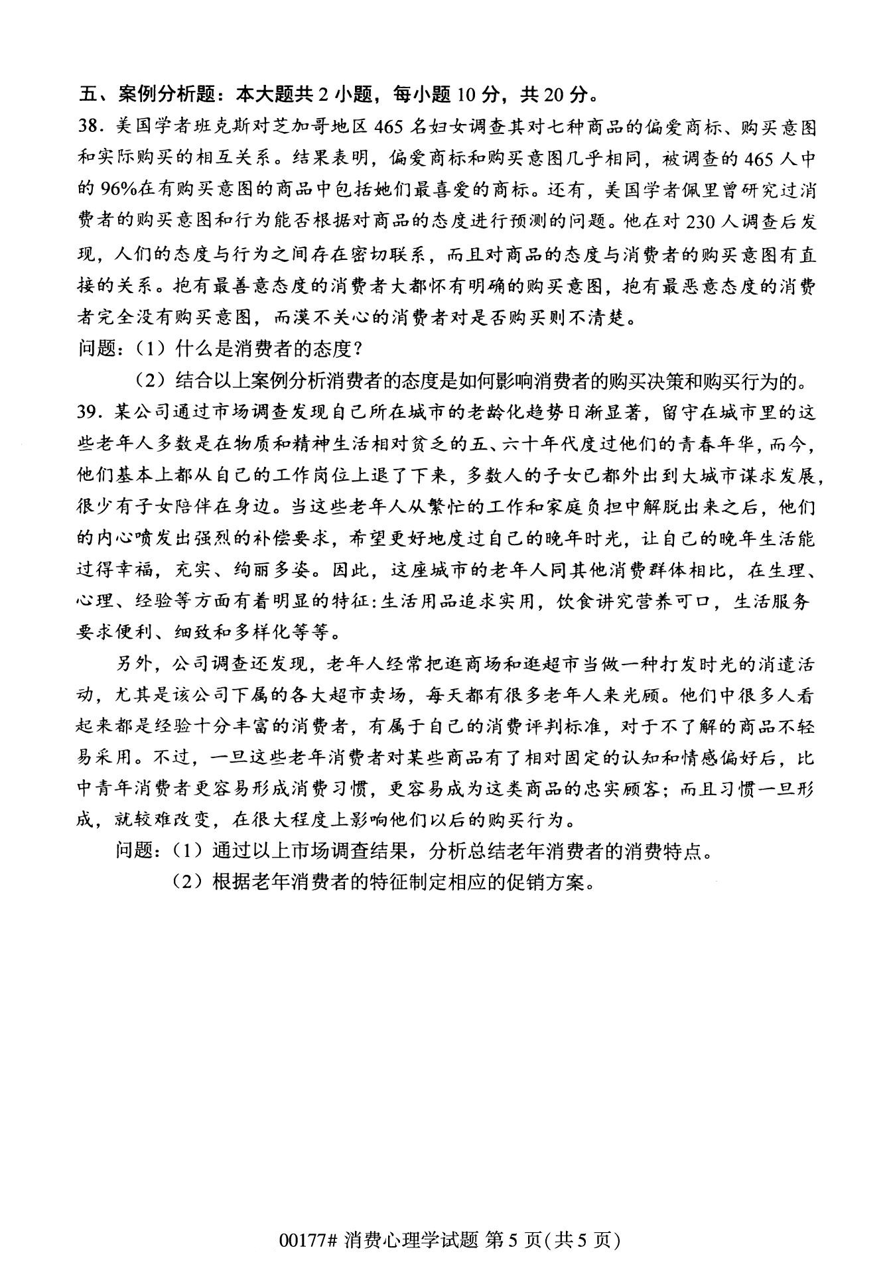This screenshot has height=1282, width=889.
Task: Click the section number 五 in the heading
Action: (88, 95)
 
